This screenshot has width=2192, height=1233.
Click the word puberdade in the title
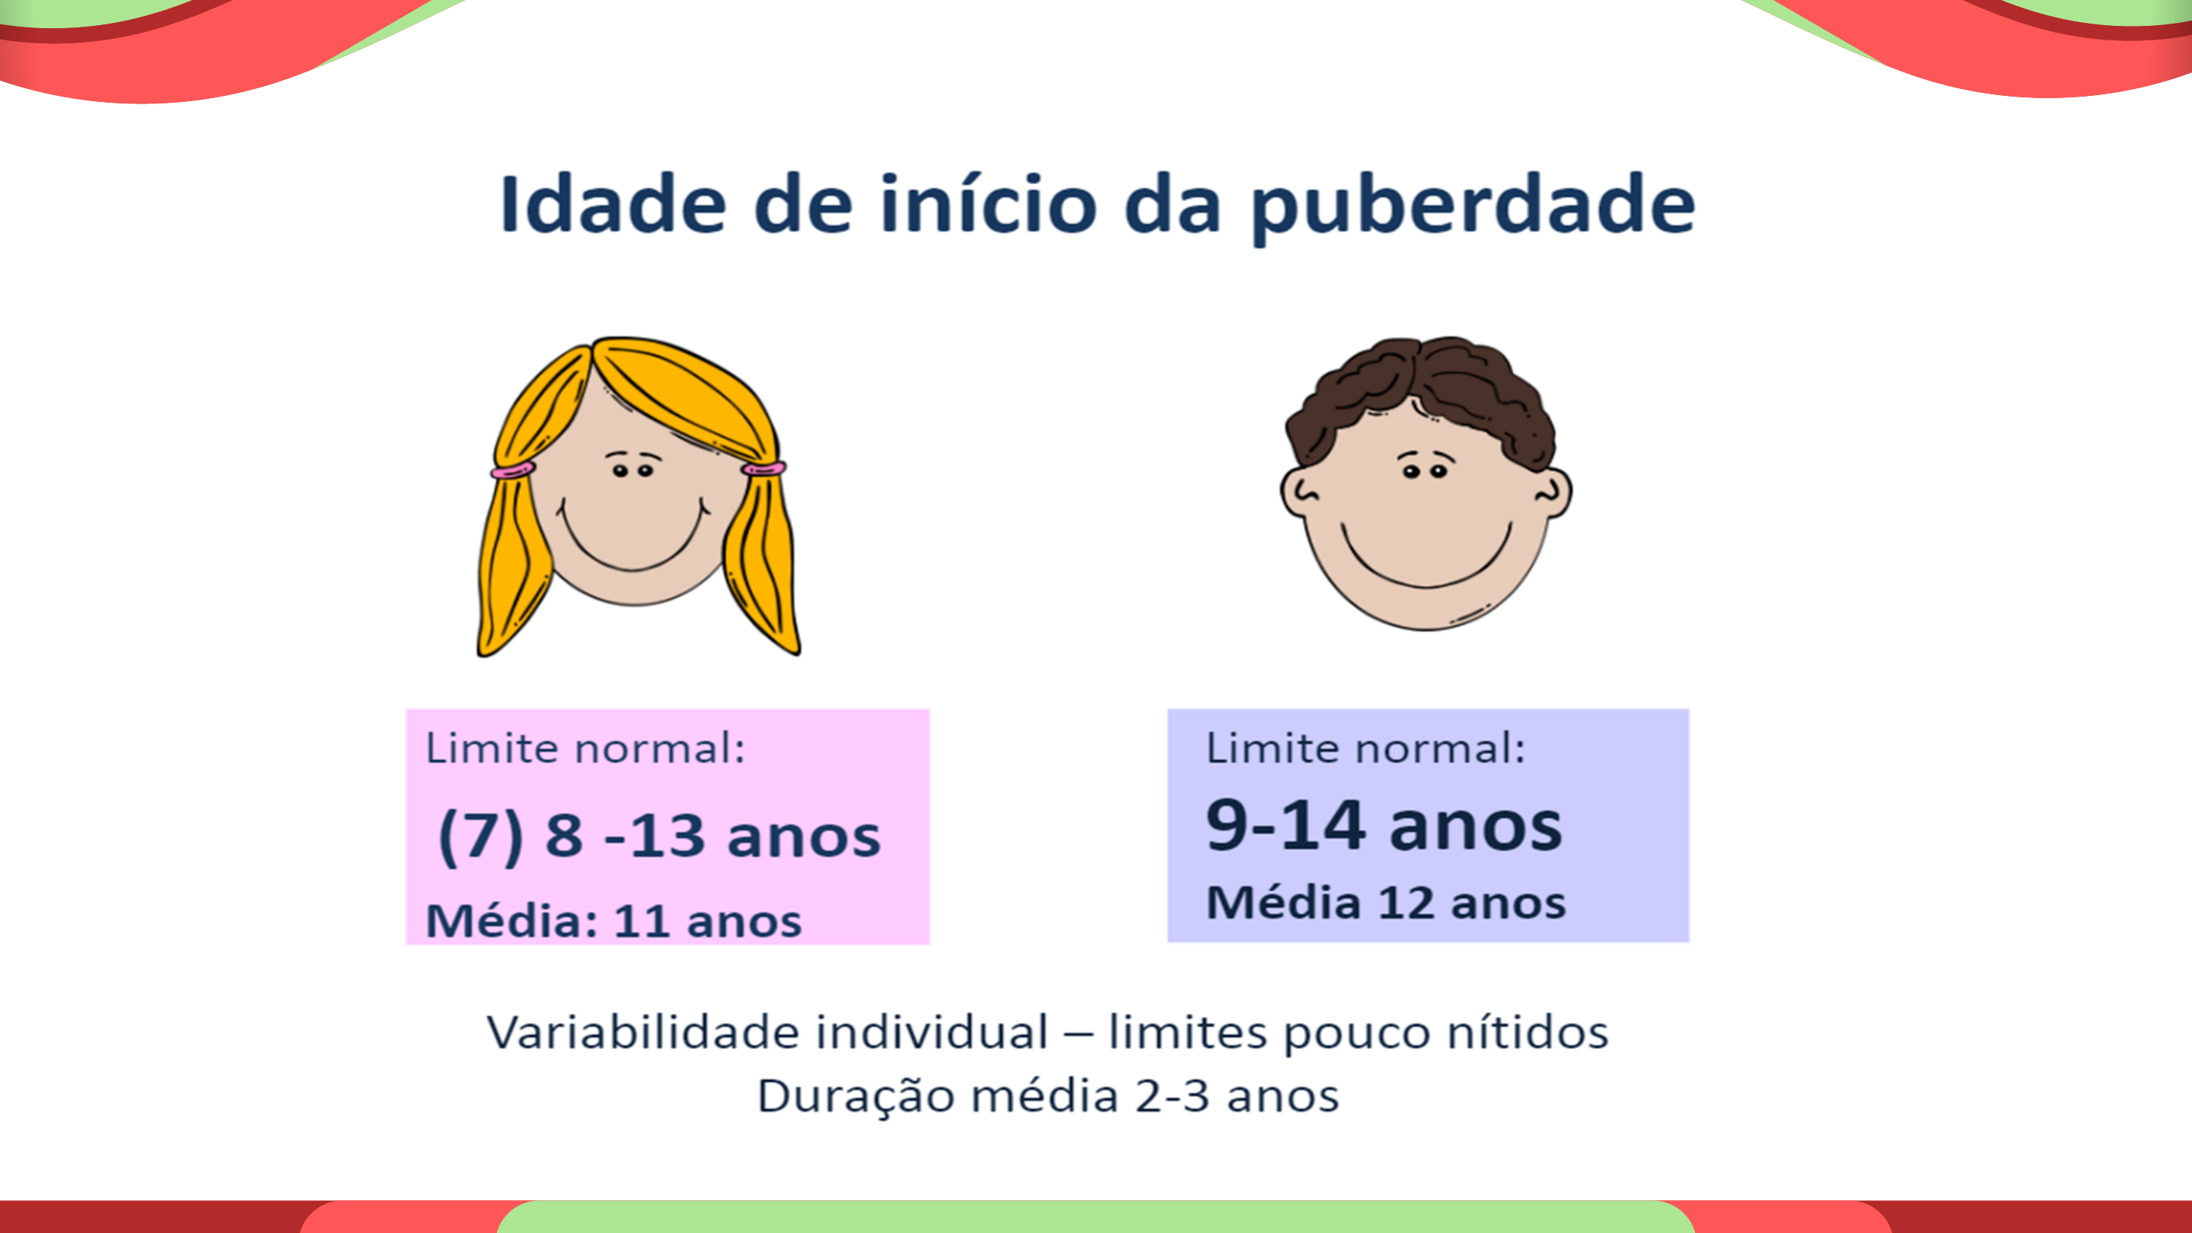coord(1472,206)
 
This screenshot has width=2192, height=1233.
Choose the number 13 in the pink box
coord(667,836)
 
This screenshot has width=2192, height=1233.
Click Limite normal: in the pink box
coord(585,749)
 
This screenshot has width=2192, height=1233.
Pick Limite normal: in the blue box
coord(1365,749)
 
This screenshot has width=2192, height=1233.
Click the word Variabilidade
coord(642,1032)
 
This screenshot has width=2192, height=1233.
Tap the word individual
coord(932,1032)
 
